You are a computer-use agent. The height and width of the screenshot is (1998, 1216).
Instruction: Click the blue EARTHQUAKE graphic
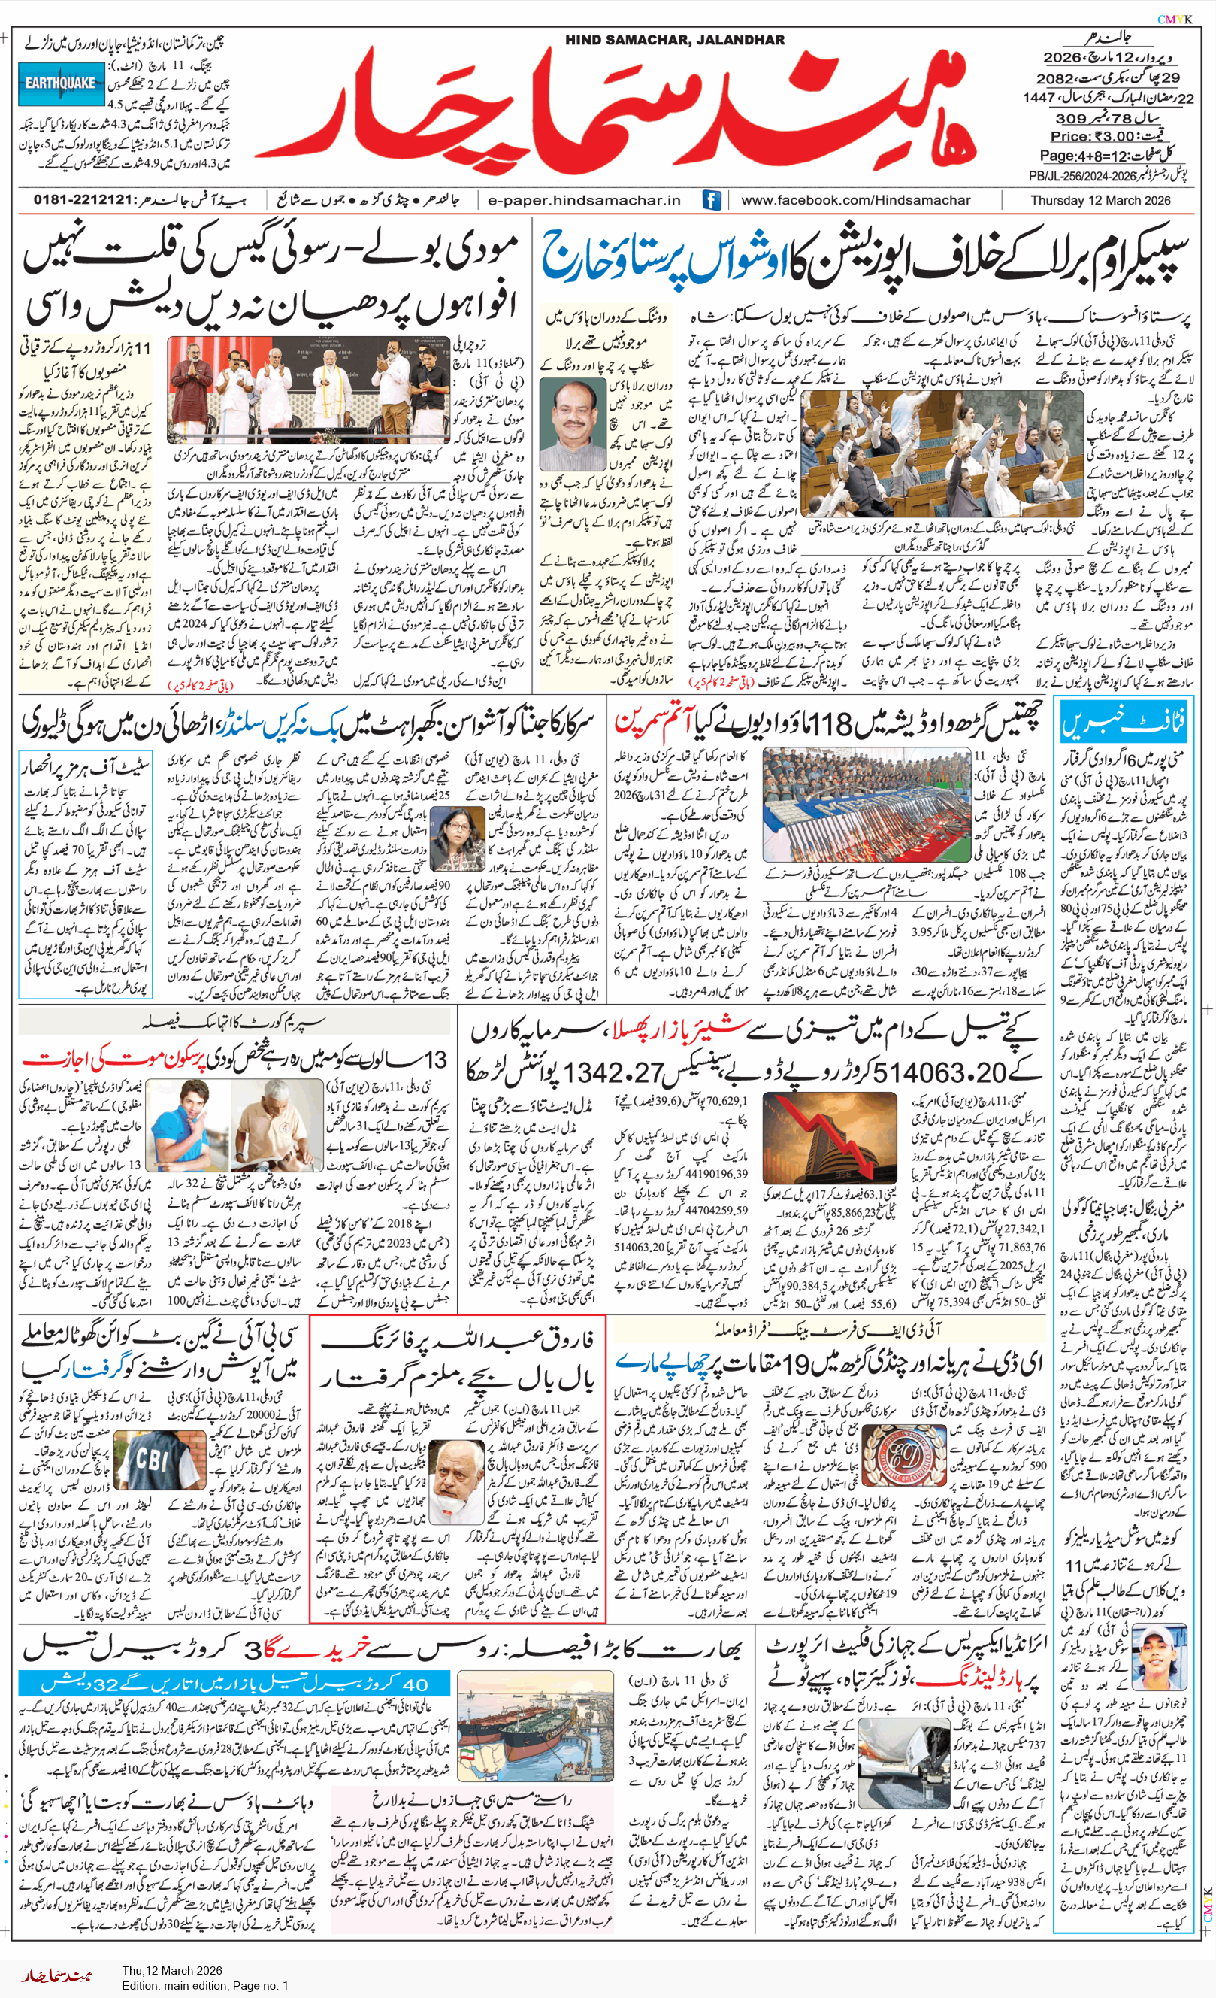pyautogui.click(x=61, y=83)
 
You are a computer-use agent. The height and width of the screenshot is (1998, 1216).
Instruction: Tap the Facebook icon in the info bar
pyautogui.click(x=711, y=199)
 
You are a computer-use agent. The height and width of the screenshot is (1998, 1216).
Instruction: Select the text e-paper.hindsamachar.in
pyautogui.click(x=584, y=199)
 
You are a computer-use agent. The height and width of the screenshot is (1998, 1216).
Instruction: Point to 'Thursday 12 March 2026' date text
pyautogui.click(x=1100, y=199)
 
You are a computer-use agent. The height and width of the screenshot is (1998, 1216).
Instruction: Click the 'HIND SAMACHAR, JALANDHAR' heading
pyautogui.click(x=674, y=40)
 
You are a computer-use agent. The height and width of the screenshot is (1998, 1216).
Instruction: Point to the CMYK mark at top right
pyautogui.click(x=1174, y=20)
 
